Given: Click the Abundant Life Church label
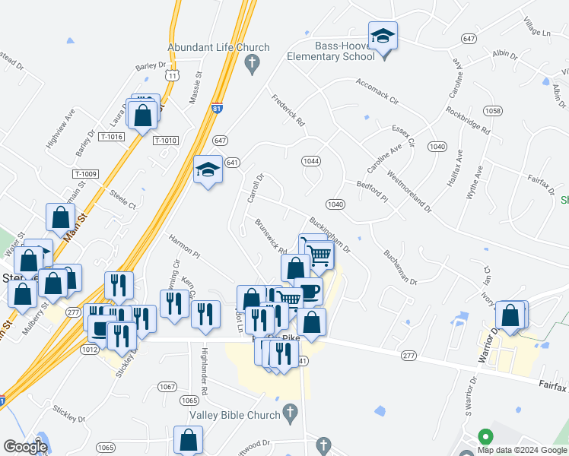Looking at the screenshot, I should pyautogui.click(x=218, y=47).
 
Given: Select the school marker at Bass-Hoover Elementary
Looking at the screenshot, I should pyautogui.click(x=383, y=36).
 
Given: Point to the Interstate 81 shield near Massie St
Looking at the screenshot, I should pyautogui.click(x=218, y=109).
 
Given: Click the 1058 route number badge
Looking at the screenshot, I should pyautogui.click(x=492, y=111).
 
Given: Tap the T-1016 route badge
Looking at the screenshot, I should pyautogui.click(x=111, y=136).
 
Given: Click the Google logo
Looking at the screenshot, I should pyautogui.click(x=25, y=447).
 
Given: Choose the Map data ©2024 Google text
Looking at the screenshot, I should pyautogui.click(x=522, y=450).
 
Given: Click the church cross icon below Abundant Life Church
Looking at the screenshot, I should pyautogui.click(x=253, y=66).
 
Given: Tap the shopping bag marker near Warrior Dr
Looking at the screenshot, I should pyautogui.click(x=510, y=315).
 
